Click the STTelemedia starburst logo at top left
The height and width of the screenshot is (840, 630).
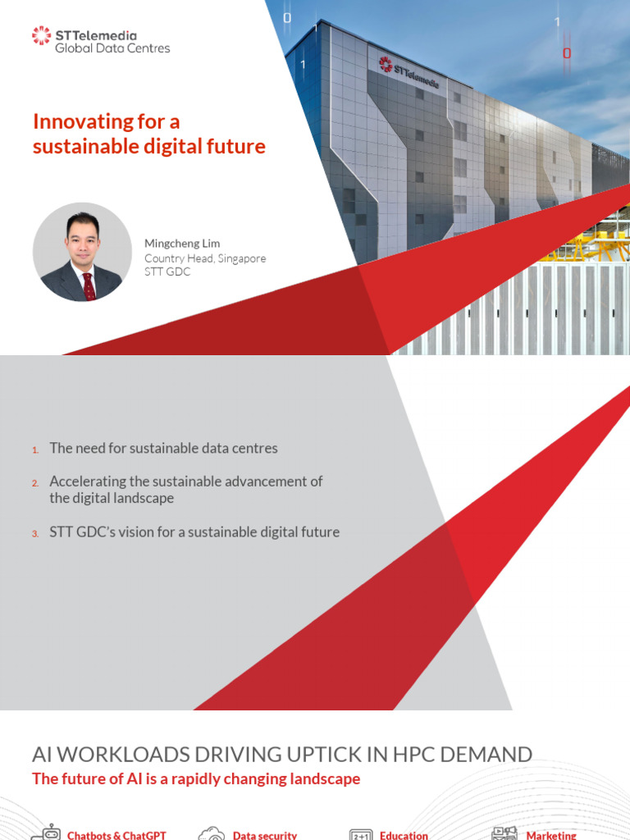pyautogui.click(x=41, y=35)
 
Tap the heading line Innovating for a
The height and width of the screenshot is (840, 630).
pyautogui.click(x=106, y=121)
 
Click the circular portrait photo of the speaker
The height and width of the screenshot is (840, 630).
pyautogui.click(x=82, y=252)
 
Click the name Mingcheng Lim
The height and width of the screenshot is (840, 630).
pyautogui.click(x=182, y=244)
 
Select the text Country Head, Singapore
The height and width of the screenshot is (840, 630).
pyautogui.click(x=205, y=258)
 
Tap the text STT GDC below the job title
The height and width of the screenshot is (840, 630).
pyautogui.click(x=167, y=272)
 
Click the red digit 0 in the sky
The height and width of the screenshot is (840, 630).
pyautogui.click(x=566, y=54)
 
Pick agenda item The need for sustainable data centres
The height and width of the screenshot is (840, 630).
pyautogui.click(x=163, y=449)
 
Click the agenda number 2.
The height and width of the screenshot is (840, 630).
pyautogui.click(x=35, y=483)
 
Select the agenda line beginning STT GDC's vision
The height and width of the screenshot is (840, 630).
pyautogui.click(x=194, y=532)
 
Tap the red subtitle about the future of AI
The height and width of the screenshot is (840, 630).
pyautogui.click(x=196, y=779)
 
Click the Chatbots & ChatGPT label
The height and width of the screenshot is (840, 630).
pyautogui.click(x=116, y=835)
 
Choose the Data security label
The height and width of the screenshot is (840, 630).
pyautogui.click(x=265, y=835)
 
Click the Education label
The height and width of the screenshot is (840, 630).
pyautogui.click(x=404, y=835)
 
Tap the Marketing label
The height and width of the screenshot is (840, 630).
pyautogui.click(x=551, y=835)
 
